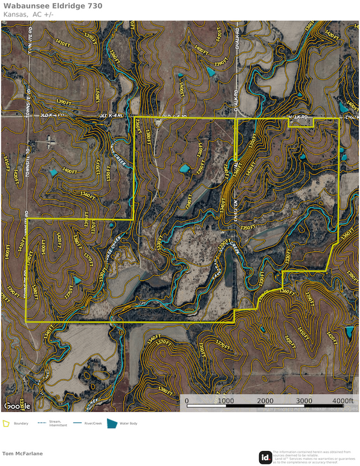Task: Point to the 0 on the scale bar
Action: [x=187, y=401]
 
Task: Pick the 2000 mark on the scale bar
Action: [x=265, y=401]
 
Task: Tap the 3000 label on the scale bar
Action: [x=303, y=401]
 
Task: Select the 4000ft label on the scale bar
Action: [x=342, y=401]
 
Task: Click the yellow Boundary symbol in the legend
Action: [x=7, y=424]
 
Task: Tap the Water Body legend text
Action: [x=129, y=424]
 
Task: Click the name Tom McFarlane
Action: [x=23, y=453]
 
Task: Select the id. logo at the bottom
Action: [x=265, y=458]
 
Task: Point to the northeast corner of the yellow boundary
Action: [x=339, y=118]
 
